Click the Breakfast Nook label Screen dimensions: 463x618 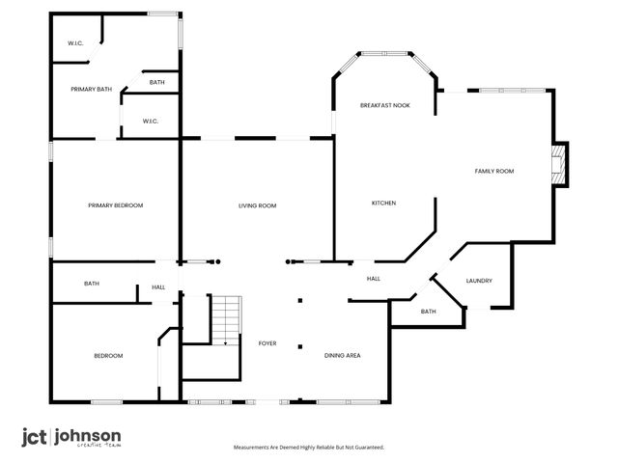[x=385, y=105]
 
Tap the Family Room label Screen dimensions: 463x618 [x=493, y=171]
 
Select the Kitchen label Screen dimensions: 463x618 [x=384, y=203]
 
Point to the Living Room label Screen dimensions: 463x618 [x=258, y=205]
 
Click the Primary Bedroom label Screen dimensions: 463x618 [x=115, y=205]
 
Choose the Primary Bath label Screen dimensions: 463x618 [x=91, y=90]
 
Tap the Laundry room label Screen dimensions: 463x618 [x=479, y=281]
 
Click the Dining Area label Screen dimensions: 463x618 [x=342, y=356]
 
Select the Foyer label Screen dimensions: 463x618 [x=267, y=343]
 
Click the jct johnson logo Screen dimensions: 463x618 [x=71, y=437]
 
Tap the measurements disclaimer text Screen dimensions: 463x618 [x=309, y=447]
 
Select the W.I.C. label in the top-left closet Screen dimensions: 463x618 [x=75, y=44]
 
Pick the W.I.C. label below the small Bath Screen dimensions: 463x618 [x=151, y=121]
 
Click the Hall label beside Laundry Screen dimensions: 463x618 [x=374, y=279]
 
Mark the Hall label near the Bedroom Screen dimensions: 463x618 [x=158, y=286]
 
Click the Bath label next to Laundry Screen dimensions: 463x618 [x=428, y=312]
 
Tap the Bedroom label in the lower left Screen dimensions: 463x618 [x=108, y=356]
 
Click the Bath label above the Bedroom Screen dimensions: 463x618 [x=92, y=284]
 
